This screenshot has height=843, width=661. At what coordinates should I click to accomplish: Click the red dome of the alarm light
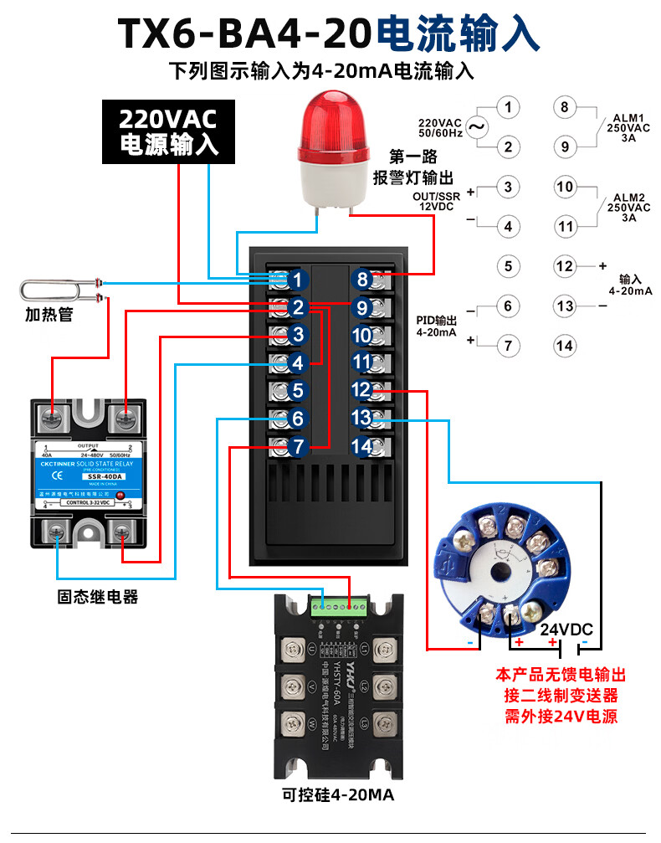tap(334, 125)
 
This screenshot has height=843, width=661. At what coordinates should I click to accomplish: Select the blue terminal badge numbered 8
tap(361, 280)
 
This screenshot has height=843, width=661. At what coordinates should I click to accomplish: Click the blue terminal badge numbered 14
tap(361, 446)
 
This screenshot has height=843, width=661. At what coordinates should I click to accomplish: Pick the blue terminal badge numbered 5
tap(297, 391)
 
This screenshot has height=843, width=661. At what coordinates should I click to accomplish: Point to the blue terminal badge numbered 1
tap(297, 280)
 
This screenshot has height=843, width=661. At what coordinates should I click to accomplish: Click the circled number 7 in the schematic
tap(508, 345)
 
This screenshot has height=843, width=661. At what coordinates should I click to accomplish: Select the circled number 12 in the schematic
tap(566, 266)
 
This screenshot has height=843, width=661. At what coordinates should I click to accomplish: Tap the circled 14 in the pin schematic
tap(566, 345)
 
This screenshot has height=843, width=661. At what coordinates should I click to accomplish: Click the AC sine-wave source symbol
tap(477, 127)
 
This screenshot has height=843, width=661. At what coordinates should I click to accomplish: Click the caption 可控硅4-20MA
tap(338, 794)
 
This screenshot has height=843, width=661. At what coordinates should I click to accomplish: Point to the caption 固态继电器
tap(98, 597)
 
